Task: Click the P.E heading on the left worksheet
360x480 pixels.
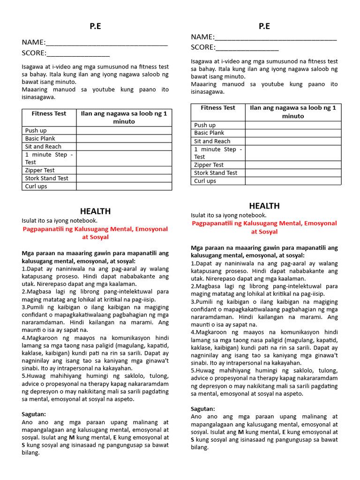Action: (95, 27)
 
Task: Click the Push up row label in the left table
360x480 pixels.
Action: (36, 130)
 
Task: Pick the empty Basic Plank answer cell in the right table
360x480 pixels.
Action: (293, 133)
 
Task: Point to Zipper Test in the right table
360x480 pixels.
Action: (209, 165)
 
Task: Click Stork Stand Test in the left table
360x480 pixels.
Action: (47, 178)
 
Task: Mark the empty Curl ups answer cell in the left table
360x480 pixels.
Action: (124, 186)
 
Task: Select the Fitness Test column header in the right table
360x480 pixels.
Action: (218, 108)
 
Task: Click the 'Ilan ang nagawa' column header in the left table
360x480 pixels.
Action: (124, 117)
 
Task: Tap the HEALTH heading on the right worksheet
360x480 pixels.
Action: (264, 206)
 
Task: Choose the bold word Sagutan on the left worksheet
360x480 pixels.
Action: (34, 414)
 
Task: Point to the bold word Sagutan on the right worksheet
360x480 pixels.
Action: (203, 409)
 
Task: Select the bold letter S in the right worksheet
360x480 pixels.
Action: (193, 440)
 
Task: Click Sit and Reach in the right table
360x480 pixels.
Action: (212, 141)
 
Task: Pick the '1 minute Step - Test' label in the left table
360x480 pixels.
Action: (49, 158)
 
